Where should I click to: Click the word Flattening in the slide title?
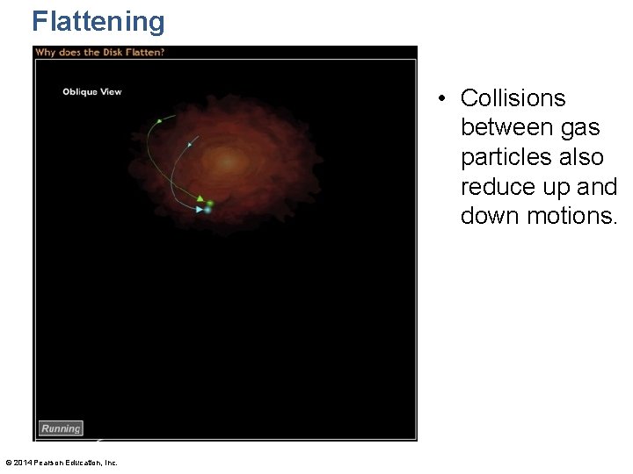coord(98,21)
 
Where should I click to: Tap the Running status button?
coord(61,428)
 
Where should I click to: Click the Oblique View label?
coord(91,92)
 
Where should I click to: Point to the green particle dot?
coord(210,203)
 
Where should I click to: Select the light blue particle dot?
coord(207,210)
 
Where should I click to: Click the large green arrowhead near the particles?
coord(200,198)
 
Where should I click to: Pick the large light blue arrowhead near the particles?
coord(200,210)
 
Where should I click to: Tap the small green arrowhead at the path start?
coord(158,120)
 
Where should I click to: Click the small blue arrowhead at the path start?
coord(189,144)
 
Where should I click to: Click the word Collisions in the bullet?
coord(513,97)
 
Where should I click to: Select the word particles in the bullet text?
coord(507,157)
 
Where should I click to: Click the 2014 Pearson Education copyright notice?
coord(61,463)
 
